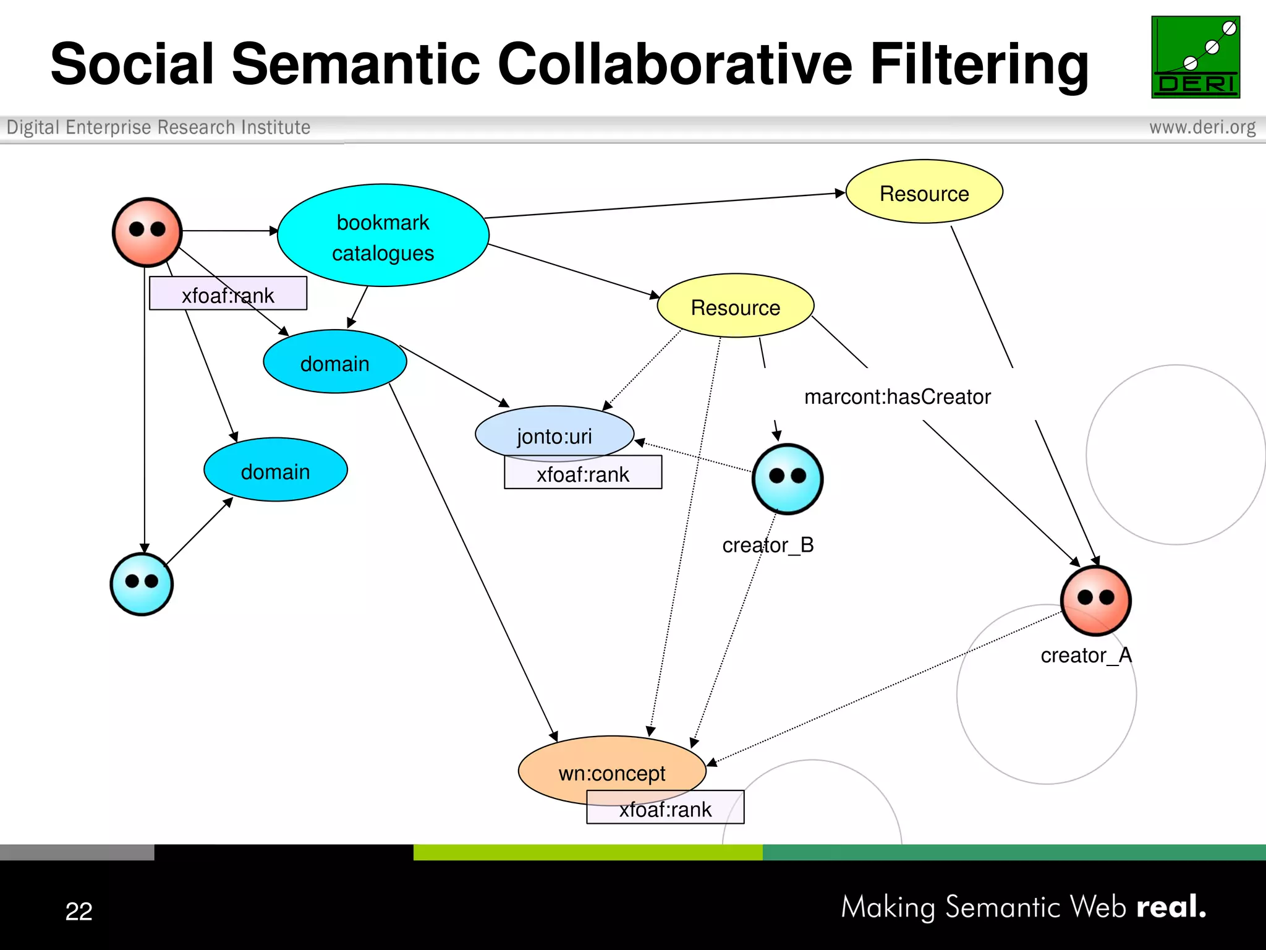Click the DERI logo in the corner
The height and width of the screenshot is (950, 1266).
click(x=1195, y=57)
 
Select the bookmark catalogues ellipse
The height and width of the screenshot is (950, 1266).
click(x=383, y=236)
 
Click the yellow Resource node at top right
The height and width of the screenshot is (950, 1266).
click(x=924, y=192)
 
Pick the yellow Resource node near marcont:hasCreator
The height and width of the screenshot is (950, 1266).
click(x=735, y=306)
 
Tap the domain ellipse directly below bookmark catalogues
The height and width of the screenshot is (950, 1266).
click(x=334, y=362)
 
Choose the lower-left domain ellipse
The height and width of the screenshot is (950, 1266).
click(x=275, y=471)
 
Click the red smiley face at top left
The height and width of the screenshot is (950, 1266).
click(x=147, y=232)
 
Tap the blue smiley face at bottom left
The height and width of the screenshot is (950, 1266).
click(x=142, y=584)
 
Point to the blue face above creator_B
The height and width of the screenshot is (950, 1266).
click(x=787, y=479)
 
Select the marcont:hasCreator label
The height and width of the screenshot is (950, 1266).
click(x=897, y=396)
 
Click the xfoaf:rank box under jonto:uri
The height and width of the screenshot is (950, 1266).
click(x=582, y=474)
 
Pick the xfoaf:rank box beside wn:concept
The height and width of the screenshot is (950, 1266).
click(x=665, y=809)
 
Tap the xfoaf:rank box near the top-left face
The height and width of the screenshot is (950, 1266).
click(x=227, y=294)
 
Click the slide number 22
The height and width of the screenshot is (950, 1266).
click(x=79, y=910)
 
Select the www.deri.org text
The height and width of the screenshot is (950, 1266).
click(x=1202, y=127)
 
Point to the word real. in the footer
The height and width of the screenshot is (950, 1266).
click(x=1171, y=907)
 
